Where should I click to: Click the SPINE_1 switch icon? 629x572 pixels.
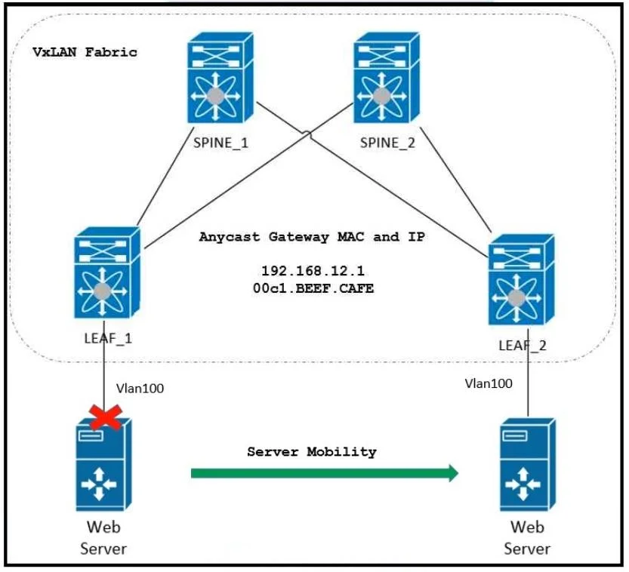(220, 78)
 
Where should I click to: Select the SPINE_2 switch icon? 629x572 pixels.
(387, 78)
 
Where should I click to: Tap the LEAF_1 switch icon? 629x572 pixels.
(107, 273)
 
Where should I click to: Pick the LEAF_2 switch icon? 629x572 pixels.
(522, 280)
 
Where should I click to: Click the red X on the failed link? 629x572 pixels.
(106, 417)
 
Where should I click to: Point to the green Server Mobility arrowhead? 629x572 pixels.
(453, 473)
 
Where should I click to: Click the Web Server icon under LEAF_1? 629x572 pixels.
(103, 465)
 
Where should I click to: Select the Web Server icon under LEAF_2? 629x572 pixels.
(528, 465)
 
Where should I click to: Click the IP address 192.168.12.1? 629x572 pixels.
(313, 271)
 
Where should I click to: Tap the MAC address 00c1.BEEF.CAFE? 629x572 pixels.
(313, 288)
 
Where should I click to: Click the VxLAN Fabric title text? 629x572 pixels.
(85, 52)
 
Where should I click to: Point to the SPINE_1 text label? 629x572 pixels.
(220, 143)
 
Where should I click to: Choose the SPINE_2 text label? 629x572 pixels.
(387, 143)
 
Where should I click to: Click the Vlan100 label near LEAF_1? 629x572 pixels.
(140, 389)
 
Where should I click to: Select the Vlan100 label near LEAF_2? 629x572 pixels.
(489, 383)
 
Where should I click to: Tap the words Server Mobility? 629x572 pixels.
(312, 452)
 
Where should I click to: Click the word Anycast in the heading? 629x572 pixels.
(230, 237)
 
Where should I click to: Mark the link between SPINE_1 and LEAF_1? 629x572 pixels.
(165, 177)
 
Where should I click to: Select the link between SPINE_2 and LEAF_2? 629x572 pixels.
(456, 180)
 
